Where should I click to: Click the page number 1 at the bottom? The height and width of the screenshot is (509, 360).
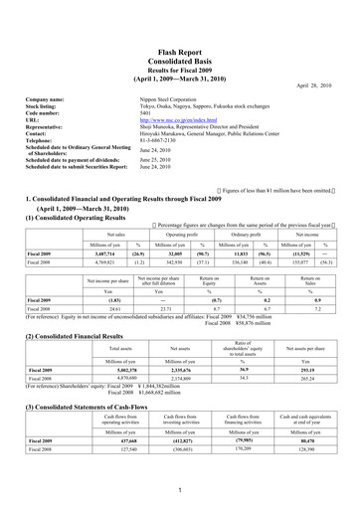point(180,491)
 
